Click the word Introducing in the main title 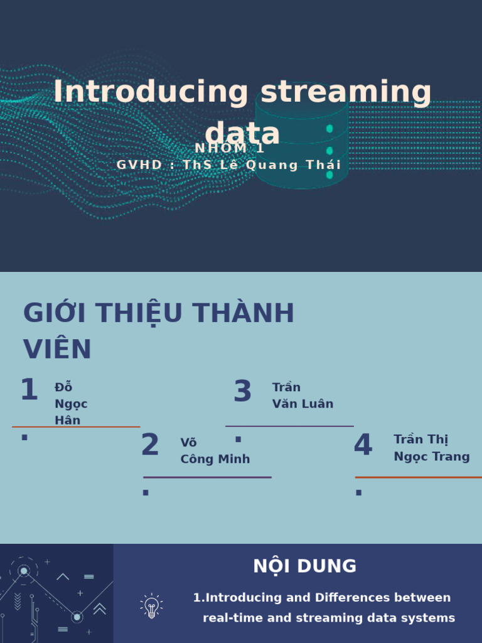point(151,92)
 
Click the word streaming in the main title point(346,92)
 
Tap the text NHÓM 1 point(230,149)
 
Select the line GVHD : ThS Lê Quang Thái point(229,165)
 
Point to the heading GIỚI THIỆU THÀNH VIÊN point(158,330)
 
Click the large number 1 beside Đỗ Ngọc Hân point(29,391)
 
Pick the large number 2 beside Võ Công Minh point(150,445)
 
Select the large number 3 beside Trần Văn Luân point(242,392)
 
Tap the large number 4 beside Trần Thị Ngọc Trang point(363,445)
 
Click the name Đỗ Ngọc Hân point(70,404)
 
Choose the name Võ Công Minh point(215,451)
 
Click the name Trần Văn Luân point(303,396)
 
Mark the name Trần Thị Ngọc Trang point(431,448)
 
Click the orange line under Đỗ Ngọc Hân point(76,427)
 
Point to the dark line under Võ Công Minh point(207,477)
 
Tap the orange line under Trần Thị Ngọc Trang point(418,477)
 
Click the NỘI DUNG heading point(304,566)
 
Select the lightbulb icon point(151,607)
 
